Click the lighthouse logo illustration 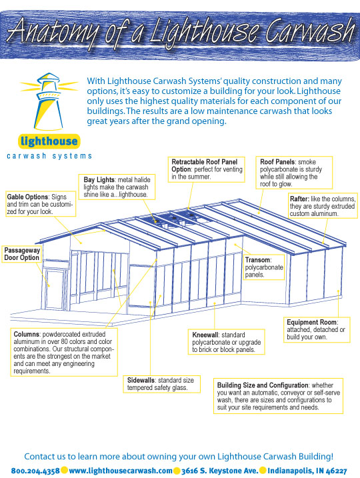coord(49,101)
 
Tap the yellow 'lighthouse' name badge coord(49,141)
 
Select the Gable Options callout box coord(41,204)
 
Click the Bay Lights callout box coord(117,187)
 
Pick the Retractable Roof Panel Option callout coord(207,169)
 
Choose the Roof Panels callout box coord(294,173)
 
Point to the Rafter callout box coord(323,206)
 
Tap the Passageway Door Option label coord(21,254)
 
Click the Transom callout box coord(264,267)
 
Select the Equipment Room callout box coord(317,329)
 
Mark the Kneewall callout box coord(227,342)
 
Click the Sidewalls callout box coord(162,384)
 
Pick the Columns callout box coord(64,352)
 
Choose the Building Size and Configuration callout coord(278,396)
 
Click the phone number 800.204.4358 coord(35,471)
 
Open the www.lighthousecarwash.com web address coord(121,471)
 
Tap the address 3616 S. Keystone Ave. coord(219,471)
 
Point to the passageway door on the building coord(55,288)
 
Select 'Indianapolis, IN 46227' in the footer coord(307,471)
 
